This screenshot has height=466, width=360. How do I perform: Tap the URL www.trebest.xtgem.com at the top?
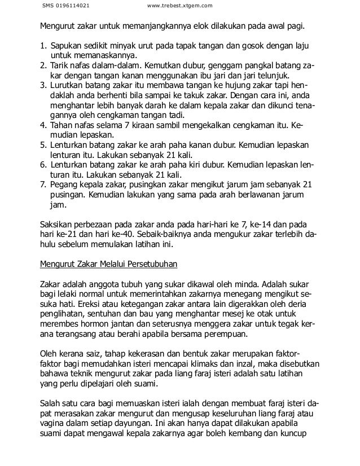click(x=179, y=6)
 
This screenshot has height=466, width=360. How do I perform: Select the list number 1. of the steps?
click(x=43, y=46)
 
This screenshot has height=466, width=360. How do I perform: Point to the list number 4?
click(x=43, y=125)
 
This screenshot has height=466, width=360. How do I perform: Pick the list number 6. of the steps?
click(x=43, y=165)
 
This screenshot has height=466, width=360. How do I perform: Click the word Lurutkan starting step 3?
click(x=68, y=85)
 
